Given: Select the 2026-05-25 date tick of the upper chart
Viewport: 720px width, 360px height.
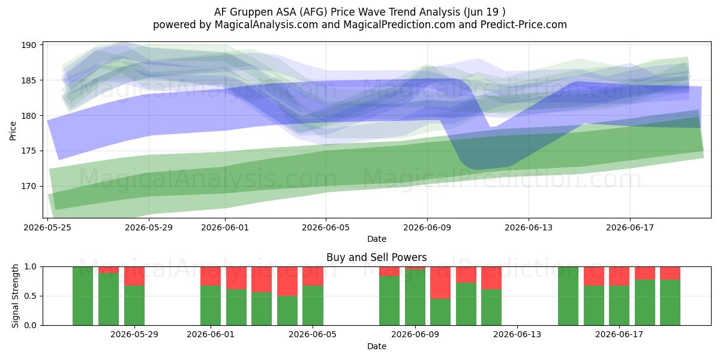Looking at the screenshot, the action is tap(47, 227).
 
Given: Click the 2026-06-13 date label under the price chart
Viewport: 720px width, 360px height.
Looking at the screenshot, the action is tap(529, 227).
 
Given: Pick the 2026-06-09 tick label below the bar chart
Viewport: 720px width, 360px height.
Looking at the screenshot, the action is tap(415, 335).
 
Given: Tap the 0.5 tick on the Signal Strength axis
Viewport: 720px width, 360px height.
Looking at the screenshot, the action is tap(31, 296).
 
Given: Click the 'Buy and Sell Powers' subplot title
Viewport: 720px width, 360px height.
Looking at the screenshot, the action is tap(376, 257).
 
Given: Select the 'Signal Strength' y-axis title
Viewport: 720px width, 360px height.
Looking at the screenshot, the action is tap(15, 296).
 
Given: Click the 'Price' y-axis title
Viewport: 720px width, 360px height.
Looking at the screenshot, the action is tap(13, 131).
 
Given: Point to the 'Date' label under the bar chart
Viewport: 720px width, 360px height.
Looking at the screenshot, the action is tap(377, 346).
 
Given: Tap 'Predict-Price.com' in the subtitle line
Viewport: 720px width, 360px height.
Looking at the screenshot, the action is tap(524, 25).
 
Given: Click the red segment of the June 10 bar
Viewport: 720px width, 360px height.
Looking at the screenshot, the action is tap(440, 283).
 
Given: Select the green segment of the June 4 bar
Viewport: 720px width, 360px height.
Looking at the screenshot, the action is tap(287, 311).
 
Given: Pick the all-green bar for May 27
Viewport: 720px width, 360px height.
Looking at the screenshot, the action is tap(83, 296).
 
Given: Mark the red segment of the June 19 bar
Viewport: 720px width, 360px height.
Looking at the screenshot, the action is tap(670, 273).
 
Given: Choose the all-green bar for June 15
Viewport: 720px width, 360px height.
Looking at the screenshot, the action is tap(568, 296).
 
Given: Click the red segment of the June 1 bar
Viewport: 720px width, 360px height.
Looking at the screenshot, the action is tap(211, 276).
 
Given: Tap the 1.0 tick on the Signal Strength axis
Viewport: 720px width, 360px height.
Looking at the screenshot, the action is tap(31, 267).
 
